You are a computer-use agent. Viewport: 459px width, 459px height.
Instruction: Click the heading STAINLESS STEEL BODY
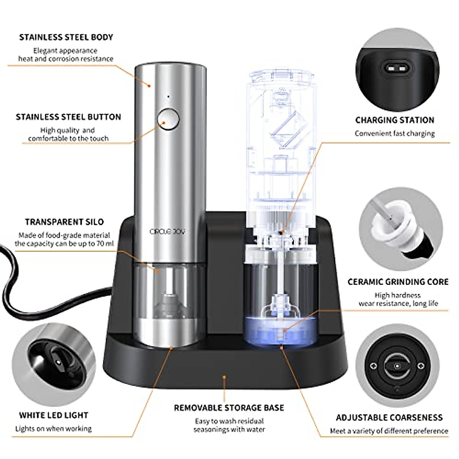pos(66,37)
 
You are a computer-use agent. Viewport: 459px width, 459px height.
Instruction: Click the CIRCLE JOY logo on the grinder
pos(168,232)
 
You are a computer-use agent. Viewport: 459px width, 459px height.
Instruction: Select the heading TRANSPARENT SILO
pos(64,222)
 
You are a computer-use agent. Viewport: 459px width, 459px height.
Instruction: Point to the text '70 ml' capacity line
pos(64,244)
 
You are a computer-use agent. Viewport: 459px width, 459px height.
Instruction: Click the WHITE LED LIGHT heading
pos(54,415)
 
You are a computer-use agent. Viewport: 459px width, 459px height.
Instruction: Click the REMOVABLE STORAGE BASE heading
pos(229,408)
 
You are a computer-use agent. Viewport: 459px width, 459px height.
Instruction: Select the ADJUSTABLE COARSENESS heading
pos(389,417)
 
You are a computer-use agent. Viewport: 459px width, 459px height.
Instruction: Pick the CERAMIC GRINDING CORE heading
pos(398,282)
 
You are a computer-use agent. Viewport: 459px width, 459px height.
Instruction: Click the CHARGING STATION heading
pos(395,120)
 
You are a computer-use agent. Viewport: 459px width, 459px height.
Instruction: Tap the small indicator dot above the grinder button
pos(168,97)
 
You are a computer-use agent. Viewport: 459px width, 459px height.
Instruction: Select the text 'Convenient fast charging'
pos(395,133)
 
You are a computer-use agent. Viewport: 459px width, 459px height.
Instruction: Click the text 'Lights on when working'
pos(54,428)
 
